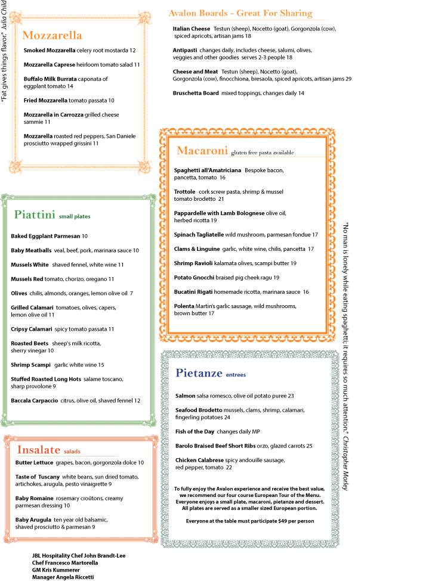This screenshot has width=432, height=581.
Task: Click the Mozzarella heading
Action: (x=52, y=35)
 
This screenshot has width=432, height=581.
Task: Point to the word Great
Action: (x=249, y=13)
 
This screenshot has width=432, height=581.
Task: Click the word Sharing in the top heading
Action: (x=297, y=13)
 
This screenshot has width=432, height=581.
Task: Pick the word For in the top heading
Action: (x=271, y=13)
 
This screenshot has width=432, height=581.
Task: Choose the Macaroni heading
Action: (x=202, y=151)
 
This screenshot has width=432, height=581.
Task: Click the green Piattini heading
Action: (x=35, y=215)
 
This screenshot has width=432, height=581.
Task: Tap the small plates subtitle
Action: (x=75, y=217)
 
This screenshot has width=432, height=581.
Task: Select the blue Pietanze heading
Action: (x=199, y=374)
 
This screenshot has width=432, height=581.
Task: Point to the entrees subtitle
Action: (x=236, y=375)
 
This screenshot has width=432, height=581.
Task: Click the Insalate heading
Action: (x=39, y=450)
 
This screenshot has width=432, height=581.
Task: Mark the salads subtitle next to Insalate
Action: (x=72, y=452)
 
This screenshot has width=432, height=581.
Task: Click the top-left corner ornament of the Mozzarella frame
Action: (x=15, y=17)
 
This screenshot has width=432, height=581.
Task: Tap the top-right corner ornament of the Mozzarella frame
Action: (x=144, y=17)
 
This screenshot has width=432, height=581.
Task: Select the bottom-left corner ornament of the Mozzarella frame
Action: (x=15, y=166)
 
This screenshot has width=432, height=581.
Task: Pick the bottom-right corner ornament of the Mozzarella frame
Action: (x=144, y=166)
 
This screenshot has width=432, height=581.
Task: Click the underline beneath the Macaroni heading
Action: (x=251, y=157)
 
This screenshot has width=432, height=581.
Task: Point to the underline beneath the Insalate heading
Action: (x=67, y=456)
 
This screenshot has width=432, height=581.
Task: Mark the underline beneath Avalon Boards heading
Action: (x=247, y=20)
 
